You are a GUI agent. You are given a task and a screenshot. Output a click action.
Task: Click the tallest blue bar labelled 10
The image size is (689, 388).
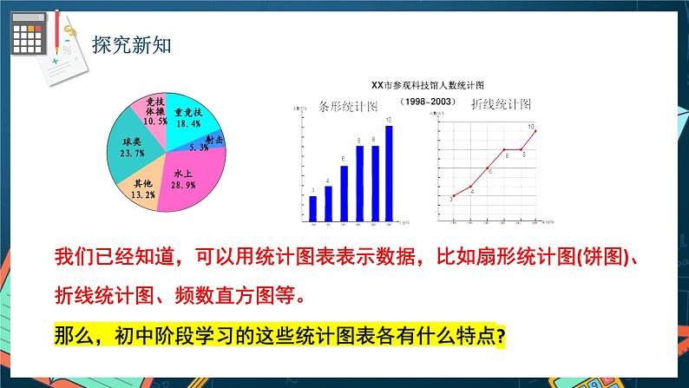point(389,170)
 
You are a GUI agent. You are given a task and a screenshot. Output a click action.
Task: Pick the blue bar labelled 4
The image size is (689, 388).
point(328,200)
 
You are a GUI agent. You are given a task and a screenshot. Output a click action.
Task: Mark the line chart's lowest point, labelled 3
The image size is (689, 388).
point(453,196)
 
